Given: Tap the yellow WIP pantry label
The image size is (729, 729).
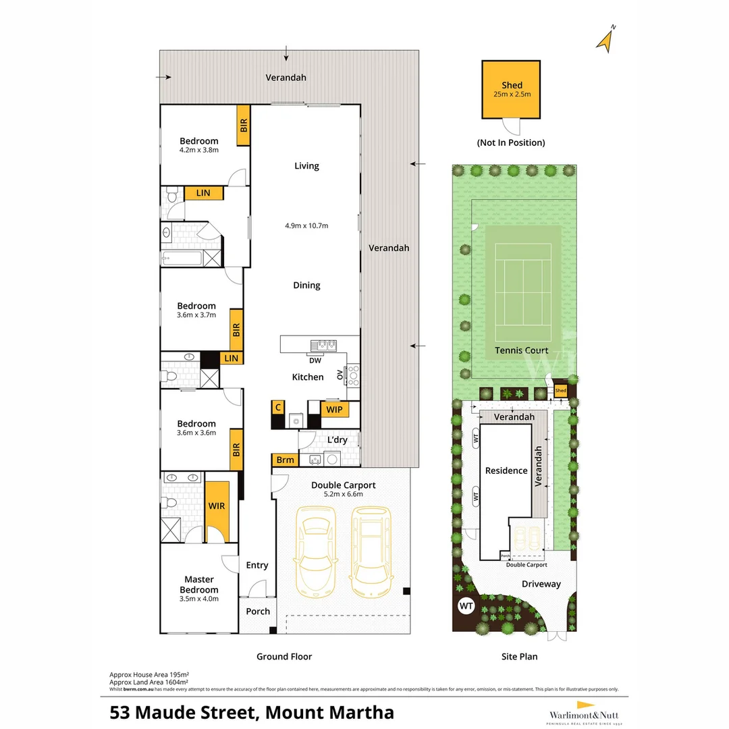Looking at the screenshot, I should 334,409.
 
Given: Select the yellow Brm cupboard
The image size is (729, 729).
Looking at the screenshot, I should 286,460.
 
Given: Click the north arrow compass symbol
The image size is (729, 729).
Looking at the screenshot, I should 605,38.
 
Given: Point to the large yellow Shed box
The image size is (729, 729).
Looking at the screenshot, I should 511,89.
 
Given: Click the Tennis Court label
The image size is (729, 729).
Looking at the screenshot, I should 521,350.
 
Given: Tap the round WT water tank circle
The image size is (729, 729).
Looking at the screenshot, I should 466,605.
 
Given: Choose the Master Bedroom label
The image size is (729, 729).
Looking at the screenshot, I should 199,585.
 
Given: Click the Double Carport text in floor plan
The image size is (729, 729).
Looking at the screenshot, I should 343,485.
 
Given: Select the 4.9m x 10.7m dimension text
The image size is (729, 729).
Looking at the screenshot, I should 306,225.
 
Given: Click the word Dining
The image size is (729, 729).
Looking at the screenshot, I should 306,286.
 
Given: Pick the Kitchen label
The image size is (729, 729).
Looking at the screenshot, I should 308,377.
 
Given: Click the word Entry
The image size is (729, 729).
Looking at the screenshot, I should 257,565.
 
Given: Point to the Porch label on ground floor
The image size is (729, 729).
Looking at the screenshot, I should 258,612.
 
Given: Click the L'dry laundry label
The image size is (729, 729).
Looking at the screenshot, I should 337,440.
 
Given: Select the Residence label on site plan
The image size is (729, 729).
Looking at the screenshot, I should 506,470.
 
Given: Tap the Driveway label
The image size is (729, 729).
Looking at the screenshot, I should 541,584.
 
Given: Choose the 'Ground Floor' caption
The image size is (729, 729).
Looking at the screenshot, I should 284,656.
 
